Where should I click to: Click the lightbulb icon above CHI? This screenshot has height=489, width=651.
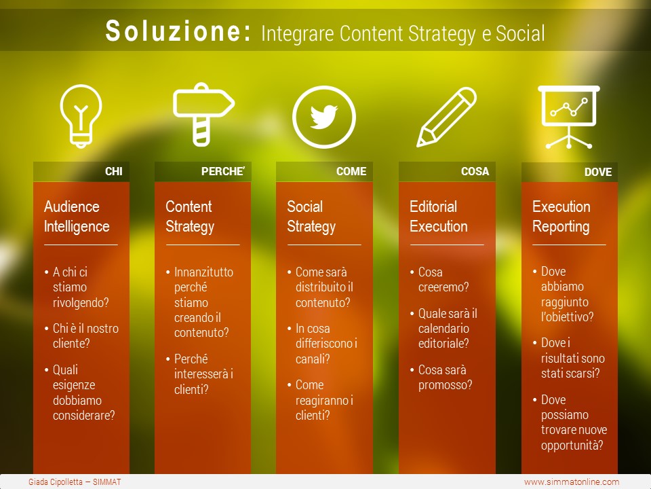coord(81,115)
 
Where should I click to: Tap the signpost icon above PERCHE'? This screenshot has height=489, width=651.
coord(203,114)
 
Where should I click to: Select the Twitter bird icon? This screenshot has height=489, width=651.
coord(324,117)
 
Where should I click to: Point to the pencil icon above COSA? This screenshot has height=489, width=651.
coord(446,117)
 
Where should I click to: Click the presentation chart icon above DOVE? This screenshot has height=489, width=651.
coord(568,117)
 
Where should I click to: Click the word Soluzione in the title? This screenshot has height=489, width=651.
coord(178,31)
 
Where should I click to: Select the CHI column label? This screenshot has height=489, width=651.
coord(114,171)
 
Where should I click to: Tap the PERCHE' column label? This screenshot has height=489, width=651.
coord(223,171)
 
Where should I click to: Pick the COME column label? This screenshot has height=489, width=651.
coord(351,171)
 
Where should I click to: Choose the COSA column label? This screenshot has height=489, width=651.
coord(475,171)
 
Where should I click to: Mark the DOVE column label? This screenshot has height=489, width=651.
coord(598,172)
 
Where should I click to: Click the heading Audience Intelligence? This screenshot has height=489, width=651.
coord(77,217)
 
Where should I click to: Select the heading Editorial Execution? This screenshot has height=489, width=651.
coord(439,217)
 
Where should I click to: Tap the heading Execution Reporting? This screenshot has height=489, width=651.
coord(561,217)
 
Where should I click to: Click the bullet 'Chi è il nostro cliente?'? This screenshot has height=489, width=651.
coord(85,336)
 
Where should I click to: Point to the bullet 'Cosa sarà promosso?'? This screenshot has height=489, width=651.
coord(445,378)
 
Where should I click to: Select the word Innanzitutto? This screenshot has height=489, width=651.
coord(203,272)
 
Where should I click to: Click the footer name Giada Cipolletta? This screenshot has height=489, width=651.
coord(56,482)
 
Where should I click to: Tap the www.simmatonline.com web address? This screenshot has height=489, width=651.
coord(572,482)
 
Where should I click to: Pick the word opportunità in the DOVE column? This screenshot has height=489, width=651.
coord(572,446)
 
